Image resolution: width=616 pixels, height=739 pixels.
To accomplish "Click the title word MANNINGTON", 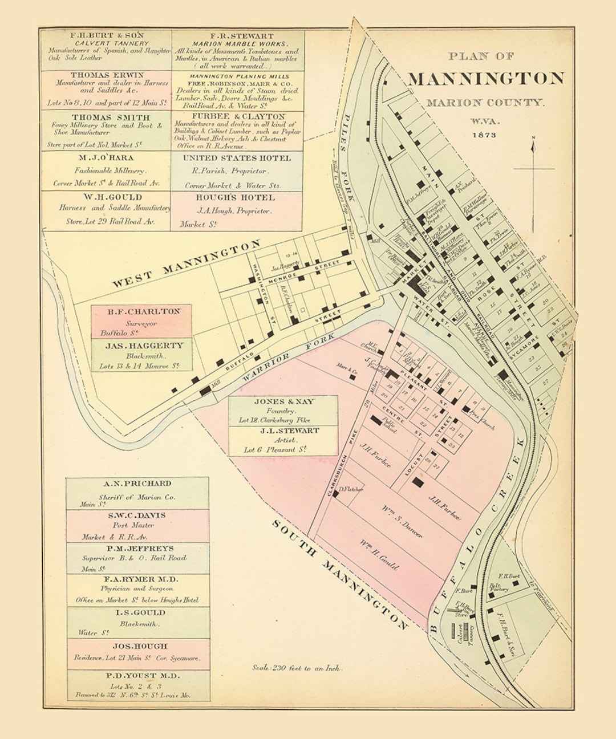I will [486, 78].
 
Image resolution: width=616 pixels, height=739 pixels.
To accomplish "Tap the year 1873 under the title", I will [484, 135].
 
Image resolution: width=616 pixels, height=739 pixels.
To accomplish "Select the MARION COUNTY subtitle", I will [485, 103].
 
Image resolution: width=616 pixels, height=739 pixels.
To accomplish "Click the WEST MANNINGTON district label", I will [186, 264].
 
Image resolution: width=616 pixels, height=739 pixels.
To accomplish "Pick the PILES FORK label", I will [347, 156].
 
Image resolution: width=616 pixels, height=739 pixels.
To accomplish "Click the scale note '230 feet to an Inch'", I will [297, 668].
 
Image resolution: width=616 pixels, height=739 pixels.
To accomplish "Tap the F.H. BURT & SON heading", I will [107, 35].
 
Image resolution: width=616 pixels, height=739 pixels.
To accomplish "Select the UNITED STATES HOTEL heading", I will [237, 158].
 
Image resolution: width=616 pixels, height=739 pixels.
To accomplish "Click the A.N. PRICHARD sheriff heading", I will [137, 483].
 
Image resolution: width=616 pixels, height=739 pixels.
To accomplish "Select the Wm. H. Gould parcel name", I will [379, 554].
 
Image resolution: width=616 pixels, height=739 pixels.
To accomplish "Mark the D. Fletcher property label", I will [351, 489].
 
